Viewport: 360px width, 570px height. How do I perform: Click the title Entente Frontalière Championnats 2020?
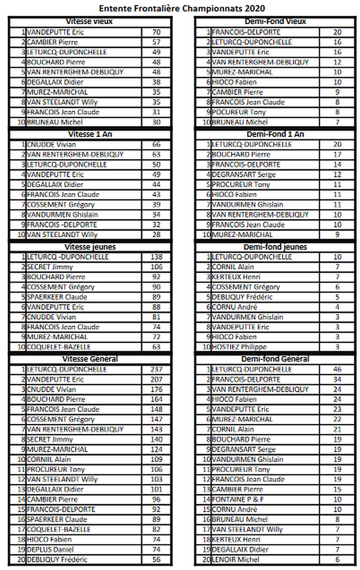(182, 8)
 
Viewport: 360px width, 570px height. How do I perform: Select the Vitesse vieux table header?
(90, 22)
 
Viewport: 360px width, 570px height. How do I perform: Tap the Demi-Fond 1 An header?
(275, 134)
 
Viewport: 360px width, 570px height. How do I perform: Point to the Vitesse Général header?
(90, 359)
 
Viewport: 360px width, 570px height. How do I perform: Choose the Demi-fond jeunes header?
(275, 247)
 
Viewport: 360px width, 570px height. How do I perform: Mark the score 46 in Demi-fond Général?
(337, 370)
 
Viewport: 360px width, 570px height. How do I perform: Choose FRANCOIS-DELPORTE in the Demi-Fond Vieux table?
(246, 32)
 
